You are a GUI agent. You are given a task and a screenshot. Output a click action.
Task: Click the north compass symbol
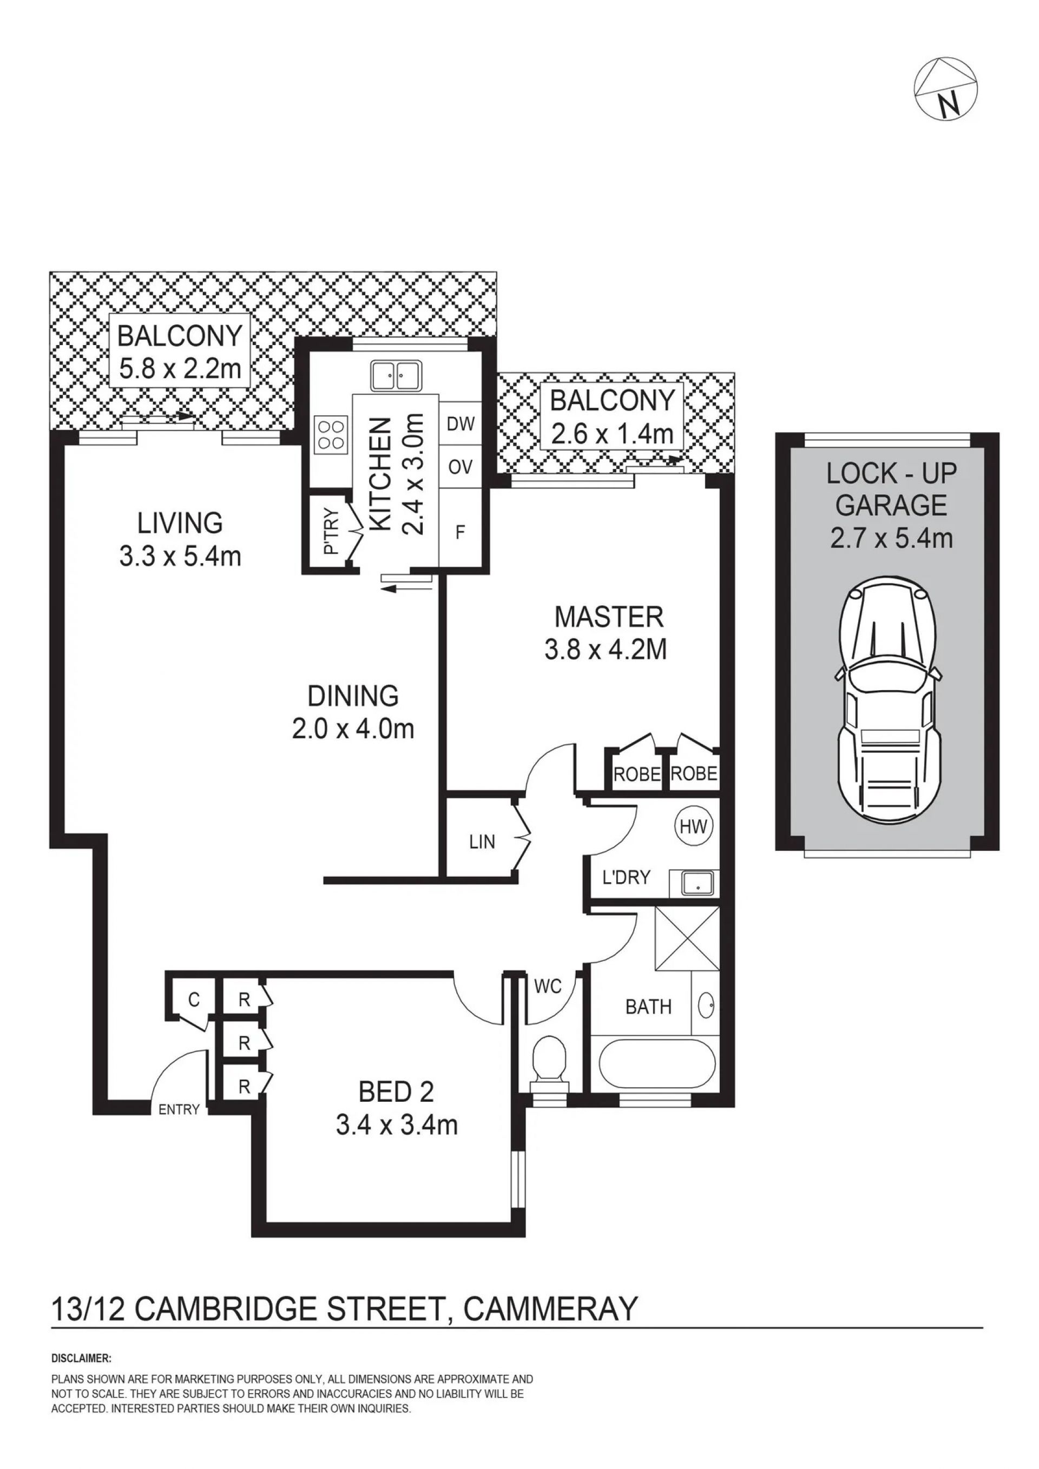coord(946,89)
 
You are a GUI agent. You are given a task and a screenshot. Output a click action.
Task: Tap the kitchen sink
coord(395,375)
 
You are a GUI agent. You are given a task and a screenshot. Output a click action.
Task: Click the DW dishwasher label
coord(461,424)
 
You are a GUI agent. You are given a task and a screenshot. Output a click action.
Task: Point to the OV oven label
coord(461,467)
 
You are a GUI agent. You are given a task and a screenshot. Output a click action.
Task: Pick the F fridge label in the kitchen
coord(459,532)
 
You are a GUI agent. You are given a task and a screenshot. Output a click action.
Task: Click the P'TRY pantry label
coord(330,532)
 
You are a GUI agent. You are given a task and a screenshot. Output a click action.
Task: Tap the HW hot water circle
coord(694,826)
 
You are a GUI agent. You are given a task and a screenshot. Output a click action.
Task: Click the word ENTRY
coord(179,1109)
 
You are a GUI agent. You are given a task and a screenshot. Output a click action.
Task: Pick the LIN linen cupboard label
coord(482,842)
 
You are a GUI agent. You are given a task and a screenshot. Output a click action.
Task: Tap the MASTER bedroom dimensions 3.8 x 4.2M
coord(606,650)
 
